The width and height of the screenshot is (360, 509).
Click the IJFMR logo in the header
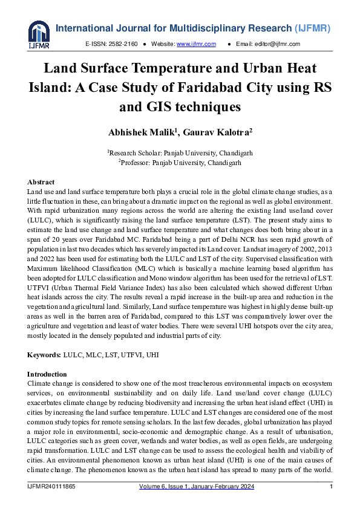tap(39, 34)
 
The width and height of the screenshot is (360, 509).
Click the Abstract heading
tap(41, 182)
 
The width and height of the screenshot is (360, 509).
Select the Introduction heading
tap(47, 374)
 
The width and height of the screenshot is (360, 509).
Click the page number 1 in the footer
tap(332, 487)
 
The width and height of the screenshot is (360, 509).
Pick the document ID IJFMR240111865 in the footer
tap(51, 487)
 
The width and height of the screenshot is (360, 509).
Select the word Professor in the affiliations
tap(136, 162)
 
